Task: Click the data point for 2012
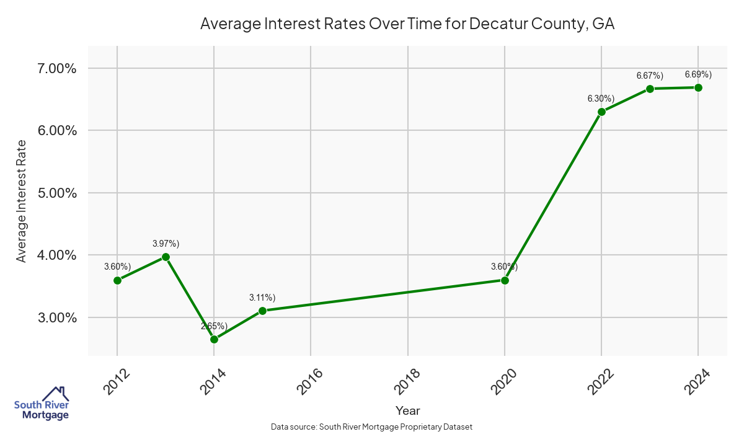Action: coord(117,280)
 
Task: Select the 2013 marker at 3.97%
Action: coord(166,257)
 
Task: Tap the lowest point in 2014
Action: coord(214,339)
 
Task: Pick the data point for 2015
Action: coord(262,311)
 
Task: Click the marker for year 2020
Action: coord(505,280)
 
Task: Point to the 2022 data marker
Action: coord(601,112)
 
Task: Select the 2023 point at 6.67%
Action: coord(650,89)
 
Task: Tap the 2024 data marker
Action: coord(698,87)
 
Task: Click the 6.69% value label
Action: coord(698,74)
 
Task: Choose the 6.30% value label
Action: coord(601,99)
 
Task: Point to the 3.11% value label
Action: coord(262,297)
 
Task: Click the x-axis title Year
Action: coord(407,410)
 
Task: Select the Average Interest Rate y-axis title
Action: coord(22,200)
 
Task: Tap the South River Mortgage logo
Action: coord(42,404)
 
